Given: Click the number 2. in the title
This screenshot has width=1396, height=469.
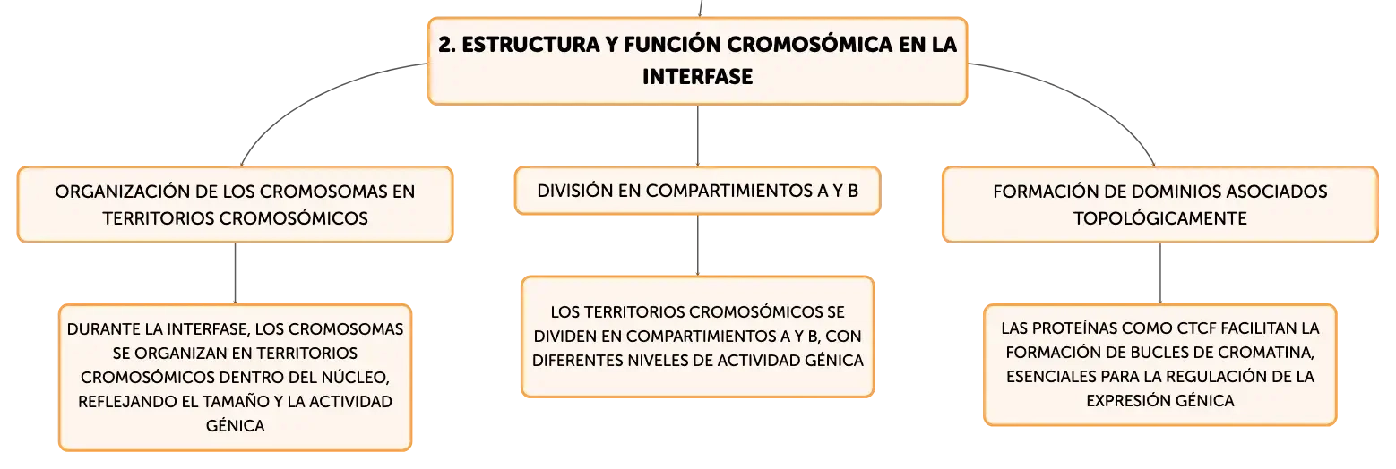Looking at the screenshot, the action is [x=446, y=44].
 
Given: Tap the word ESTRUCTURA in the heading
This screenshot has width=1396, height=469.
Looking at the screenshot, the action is [x=530, y=44].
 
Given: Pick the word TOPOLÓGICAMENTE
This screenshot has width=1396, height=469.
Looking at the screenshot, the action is [x=1159, y=218].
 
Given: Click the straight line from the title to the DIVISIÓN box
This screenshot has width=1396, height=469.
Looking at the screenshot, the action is [x=697, y=135].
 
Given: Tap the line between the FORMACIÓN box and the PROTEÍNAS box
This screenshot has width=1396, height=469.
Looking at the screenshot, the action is [x=1159, y=273].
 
